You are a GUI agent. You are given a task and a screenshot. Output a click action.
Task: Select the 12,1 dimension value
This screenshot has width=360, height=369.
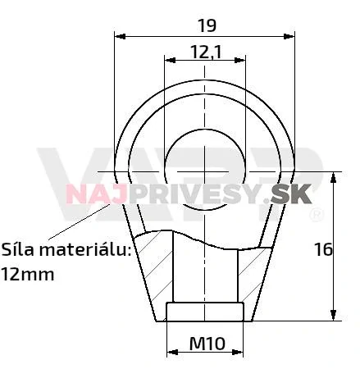(x=206, y=52)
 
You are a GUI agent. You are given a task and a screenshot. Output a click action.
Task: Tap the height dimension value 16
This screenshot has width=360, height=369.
(x=323, y=248)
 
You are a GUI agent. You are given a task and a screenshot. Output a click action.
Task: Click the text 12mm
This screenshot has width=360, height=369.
(x=27, y=274)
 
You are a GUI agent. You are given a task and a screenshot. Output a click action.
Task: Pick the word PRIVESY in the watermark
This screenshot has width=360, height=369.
(x=192, y=194)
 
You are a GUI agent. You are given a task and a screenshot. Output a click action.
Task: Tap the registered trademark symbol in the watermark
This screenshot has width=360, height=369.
(x=314, y=215)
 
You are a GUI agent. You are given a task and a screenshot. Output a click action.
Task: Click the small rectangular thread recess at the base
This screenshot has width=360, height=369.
(x=205, y=312)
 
